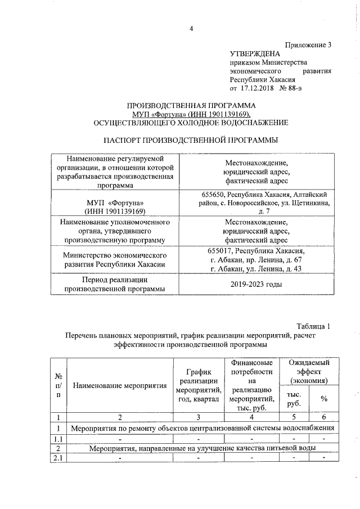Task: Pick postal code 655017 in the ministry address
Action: [220, 251]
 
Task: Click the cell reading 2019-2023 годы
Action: [256, 285]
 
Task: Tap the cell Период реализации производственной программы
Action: [115, 285]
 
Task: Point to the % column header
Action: [323, 399]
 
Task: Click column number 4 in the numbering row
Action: [251, 417]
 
